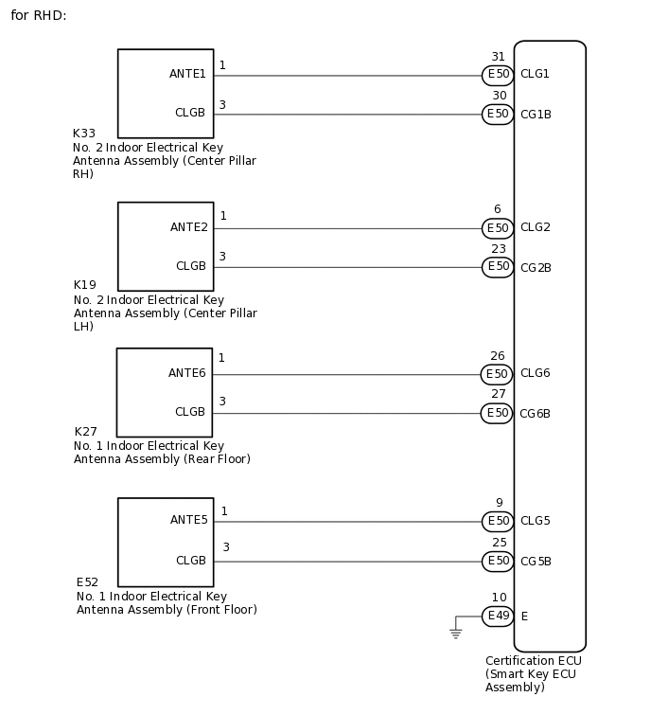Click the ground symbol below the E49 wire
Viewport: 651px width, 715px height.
coord(455,633)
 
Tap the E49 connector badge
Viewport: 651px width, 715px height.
coord(498,617)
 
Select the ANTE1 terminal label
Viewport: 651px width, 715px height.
coord(188,74)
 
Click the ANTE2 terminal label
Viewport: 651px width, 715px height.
coord(189,227)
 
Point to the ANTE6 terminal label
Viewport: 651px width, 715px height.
coord(187,373)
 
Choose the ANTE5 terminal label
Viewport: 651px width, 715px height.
coord(189,520)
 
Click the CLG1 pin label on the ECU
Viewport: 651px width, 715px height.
coord(535,74)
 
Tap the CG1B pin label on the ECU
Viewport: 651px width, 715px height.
coord(536,115)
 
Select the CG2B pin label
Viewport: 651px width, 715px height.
coord(536,268)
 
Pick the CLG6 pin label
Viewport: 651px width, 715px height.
coord(535,373)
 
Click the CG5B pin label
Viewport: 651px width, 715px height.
coord(536,562)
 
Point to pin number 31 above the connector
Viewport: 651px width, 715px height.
coord(498,57)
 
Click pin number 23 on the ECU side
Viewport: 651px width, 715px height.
coord(498,249)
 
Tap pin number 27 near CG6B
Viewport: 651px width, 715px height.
coord(498,395)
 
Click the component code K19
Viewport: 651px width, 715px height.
coord(84,285)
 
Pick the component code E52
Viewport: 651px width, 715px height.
coord(87,581)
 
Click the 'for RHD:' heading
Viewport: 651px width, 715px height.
coord(39,17)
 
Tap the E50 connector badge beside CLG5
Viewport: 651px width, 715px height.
coord(498,521)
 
